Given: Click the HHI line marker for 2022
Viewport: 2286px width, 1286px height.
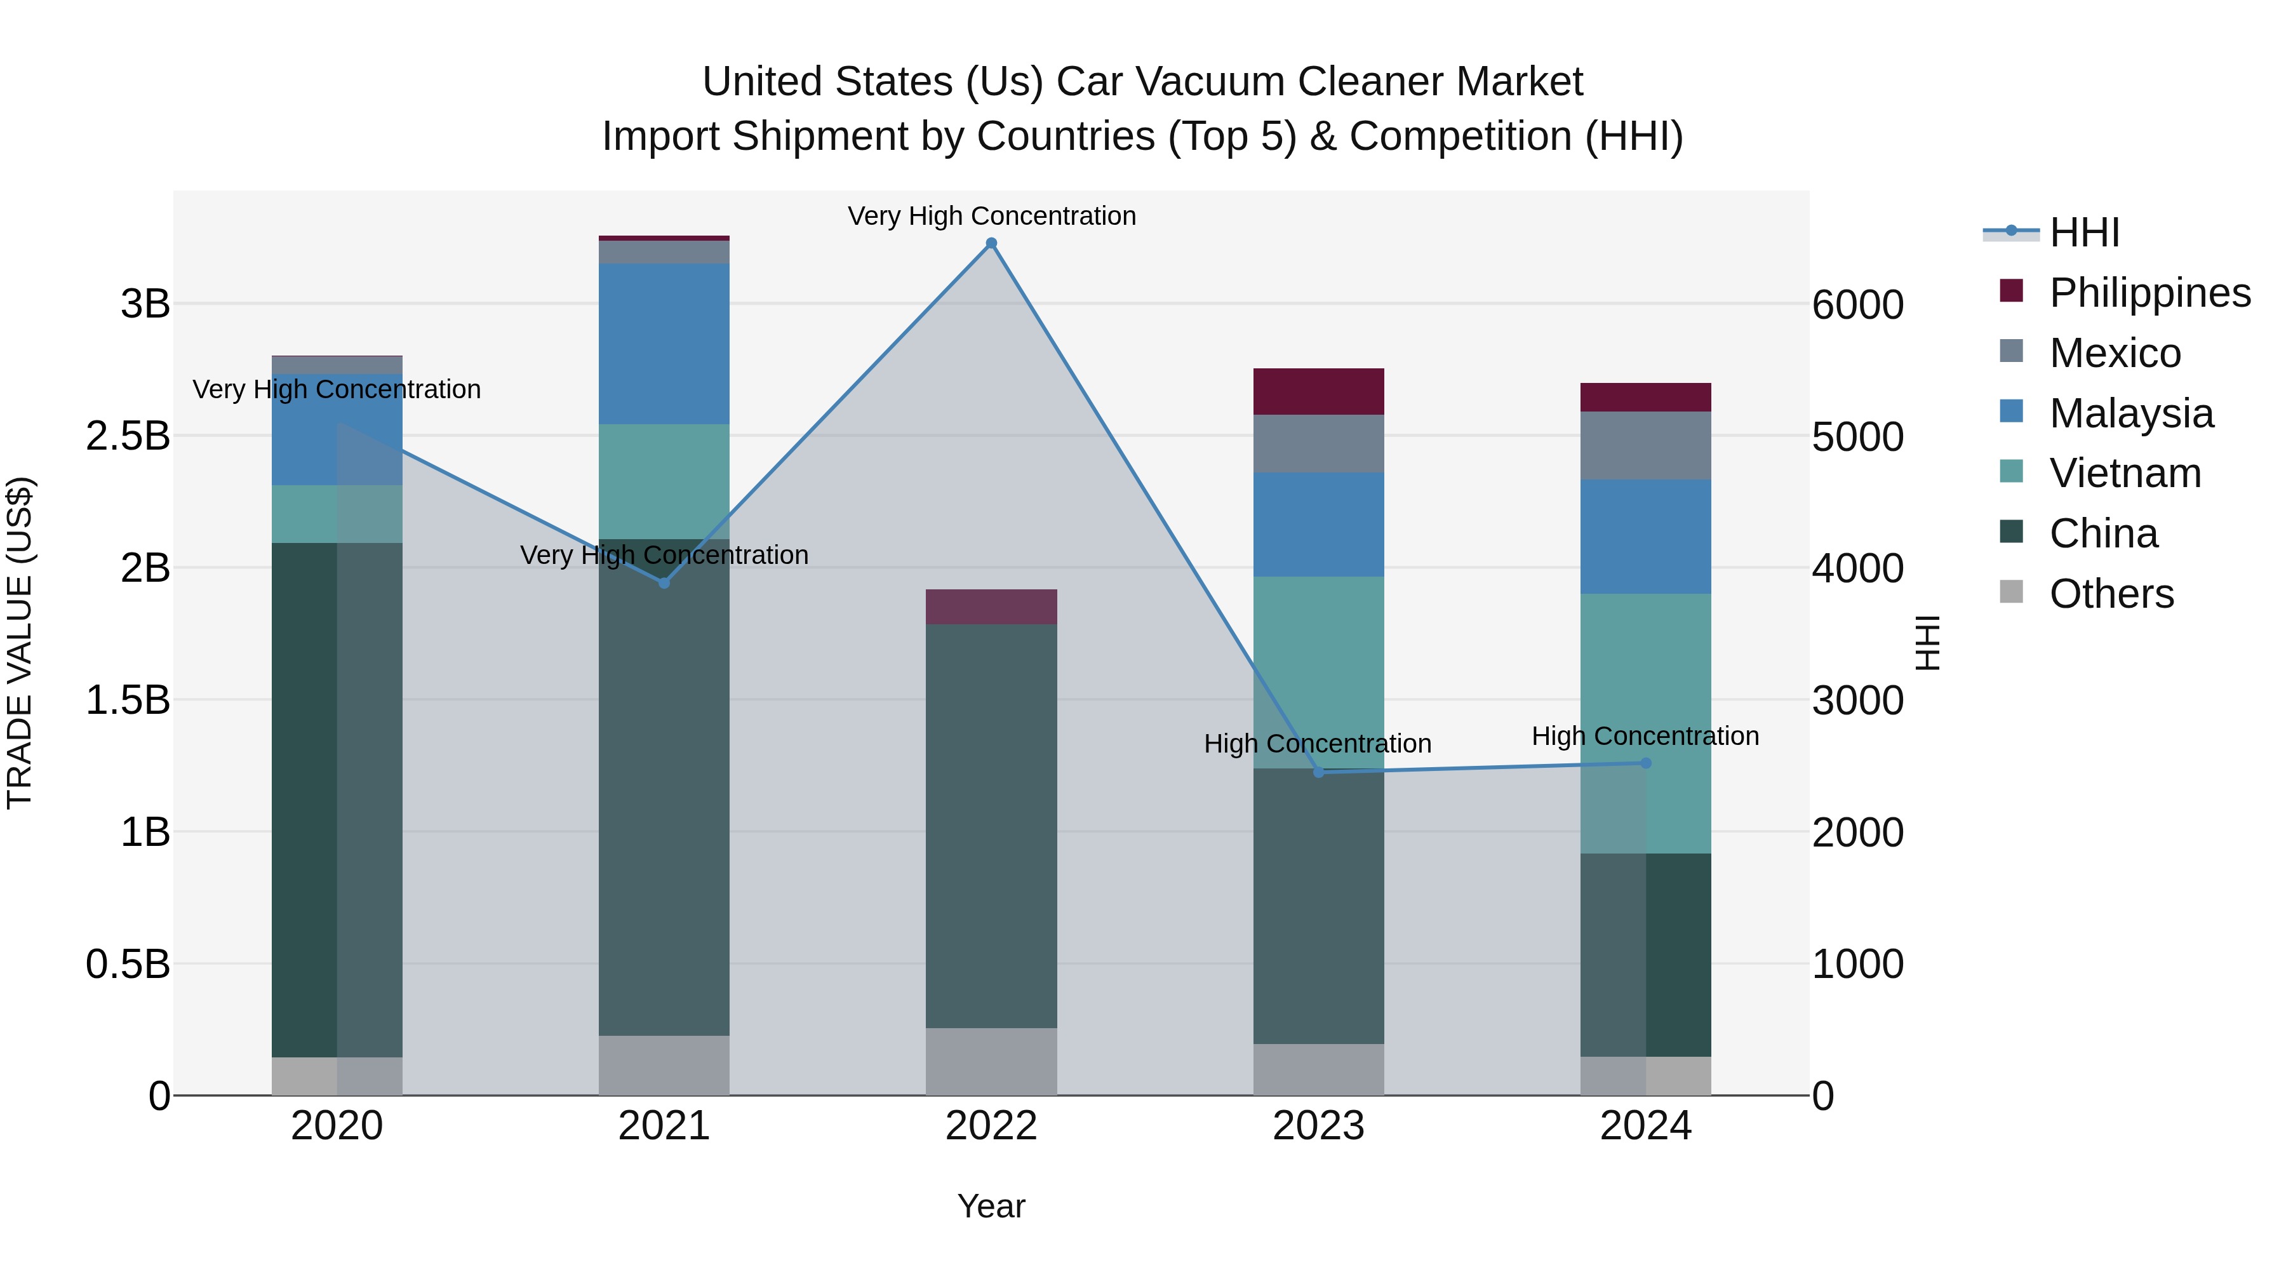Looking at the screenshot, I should pyautogui.click(x=991, y=243).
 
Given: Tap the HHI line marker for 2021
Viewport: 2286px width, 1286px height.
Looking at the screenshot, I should pyautogui.click(x=664, y=583).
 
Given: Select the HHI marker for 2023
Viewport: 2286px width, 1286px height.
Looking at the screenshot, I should pyautogui.click(x=1319, y=772).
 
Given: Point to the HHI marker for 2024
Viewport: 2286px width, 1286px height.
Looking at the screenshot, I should pyautogui.click(x=1645, y=763).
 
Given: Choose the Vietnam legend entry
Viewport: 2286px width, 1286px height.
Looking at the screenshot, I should pyautogui.click(x=2125, y=473).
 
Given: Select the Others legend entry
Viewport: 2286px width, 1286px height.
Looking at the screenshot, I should pyautogui.click(x=2111, y=594).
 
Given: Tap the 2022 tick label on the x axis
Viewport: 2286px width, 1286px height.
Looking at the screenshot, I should pyautogui.click(x=991, y=1126).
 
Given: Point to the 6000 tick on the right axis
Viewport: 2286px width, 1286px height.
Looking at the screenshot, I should pyautogui.click(x=1857, y=304).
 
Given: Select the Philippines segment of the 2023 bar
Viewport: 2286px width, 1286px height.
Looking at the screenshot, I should pyautogui.click(x=1319, y=391).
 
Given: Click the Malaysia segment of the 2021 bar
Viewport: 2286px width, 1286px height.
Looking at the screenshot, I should pyautogui.click(x=664, y=344).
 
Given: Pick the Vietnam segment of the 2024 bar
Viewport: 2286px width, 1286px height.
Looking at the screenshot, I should pyautogui.click(x=1645, y=723).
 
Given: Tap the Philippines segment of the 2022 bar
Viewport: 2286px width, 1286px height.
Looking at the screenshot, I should pyautogui.click(x=991, y=607).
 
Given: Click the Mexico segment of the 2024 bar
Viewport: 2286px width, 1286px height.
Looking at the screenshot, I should pyautogui.click(x=1645, y=446).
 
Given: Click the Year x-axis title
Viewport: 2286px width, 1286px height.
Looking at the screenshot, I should pyautogui.click(x=991, y=1206).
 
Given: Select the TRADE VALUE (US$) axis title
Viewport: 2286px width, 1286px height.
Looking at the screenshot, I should pyautogui.click(x=20, y=643).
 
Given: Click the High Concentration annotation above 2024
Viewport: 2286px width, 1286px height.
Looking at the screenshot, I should pyautogui.click(x=1645, y=736).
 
